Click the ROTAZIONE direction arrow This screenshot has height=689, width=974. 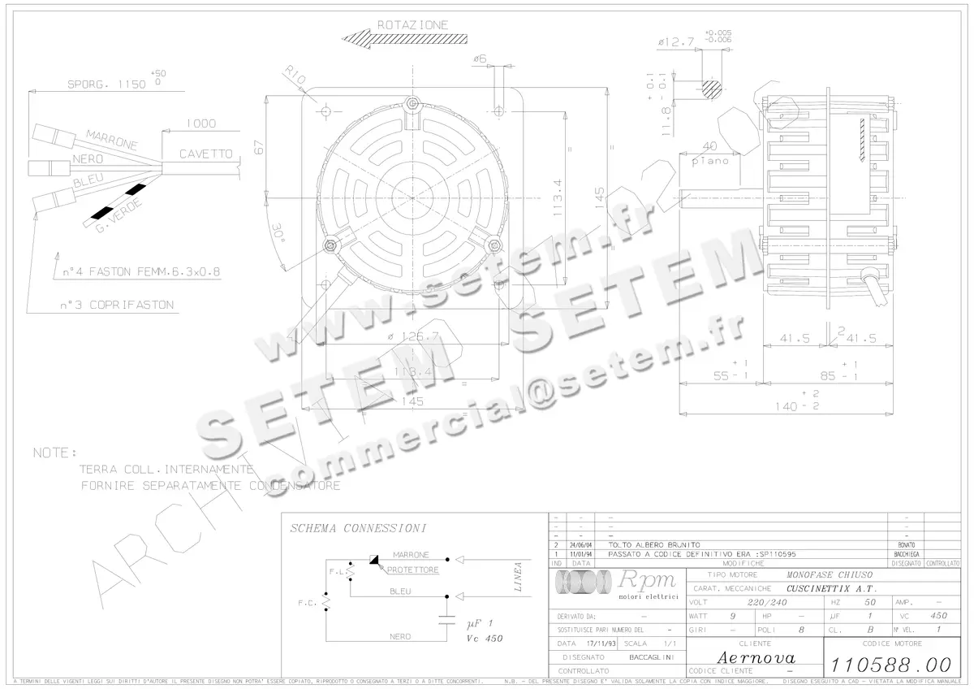click(404, 38)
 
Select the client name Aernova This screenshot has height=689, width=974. click(756, 656)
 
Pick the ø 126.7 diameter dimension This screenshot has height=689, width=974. click(412, 336)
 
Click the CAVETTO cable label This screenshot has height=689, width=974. click(206, 154)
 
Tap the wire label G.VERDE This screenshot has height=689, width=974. click(120, 214)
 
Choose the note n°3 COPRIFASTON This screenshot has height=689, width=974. click(115, 305)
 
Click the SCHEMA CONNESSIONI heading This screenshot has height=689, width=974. click(358, 528)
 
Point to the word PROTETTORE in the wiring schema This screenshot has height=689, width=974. click(412, 570)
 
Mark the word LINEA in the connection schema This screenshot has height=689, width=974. click(518, 577)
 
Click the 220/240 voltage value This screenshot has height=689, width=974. click(767, 603)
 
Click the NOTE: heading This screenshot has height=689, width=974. click(55, 453)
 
